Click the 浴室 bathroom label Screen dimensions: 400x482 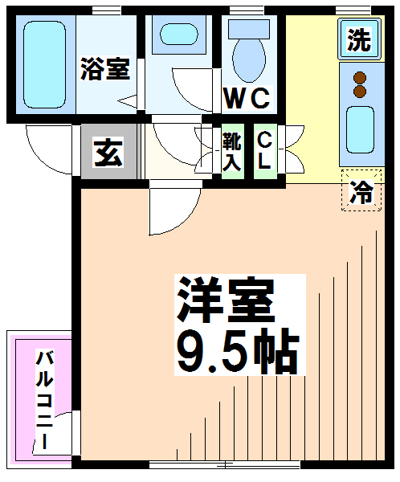[105, 68]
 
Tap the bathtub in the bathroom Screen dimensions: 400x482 [45, 64]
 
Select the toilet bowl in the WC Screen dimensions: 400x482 [249, 60]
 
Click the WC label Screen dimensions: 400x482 [247, 98]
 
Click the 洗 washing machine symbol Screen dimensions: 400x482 [360, 39]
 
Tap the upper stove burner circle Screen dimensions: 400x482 [360, 77]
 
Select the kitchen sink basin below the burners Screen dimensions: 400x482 [360, 129]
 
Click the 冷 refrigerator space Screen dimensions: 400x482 [361, 190]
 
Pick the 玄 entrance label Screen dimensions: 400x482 [108, 152]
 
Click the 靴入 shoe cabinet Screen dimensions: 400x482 [232, 152]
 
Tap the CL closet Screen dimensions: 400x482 [265, 152]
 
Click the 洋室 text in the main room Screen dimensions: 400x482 [226, 299]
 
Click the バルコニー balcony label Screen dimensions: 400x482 [45, 400]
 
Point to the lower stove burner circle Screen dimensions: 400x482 [360, 91]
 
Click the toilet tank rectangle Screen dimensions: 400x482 [249, 29]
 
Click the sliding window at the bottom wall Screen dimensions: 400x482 [224, 464]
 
